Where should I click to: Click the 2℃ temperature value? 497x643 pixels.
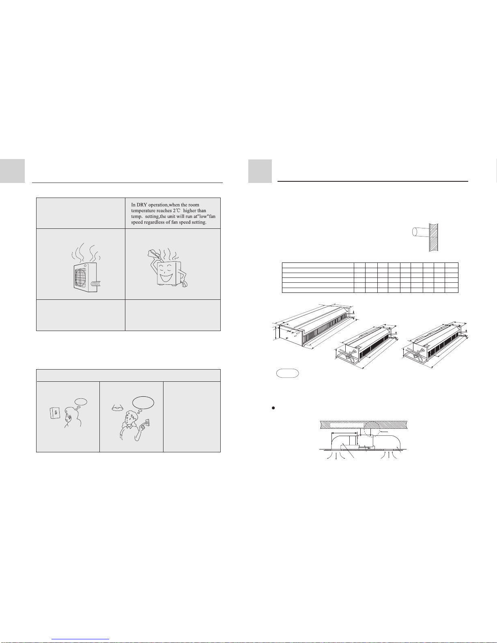pos(176,211)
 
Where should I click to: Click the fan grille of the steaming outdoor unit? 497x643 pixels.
pos(81,277)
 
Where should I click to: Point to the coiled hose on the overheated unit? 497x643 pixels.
pos(96,284)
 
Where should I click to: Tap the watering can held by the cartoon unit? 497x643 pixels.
pos(154,254)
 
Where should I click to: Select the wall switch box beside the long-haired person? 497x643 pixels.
pos(55,413)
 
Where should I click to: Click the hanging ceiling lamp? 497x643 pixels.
pos(117,409)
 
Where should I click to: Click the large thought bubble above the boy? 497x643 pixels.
pos(143,402)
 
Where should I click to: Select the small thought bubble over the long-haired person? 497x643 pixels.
pos(81,402)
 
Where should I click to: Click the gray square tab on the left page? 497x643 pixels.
pos(12,171)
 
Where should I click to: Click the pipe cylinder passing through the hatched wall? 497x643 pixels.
pos(420,232)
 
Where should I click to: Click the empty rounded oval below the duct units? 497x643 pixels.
pos(287,374)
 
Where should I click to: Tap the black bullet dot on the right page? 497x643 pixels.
pos(273,408)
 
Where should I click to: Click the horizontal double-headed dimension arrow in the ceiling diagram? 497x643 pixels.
pos(344,433)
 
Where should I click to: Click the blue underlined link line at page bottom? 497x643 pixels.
pos(80,639)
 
